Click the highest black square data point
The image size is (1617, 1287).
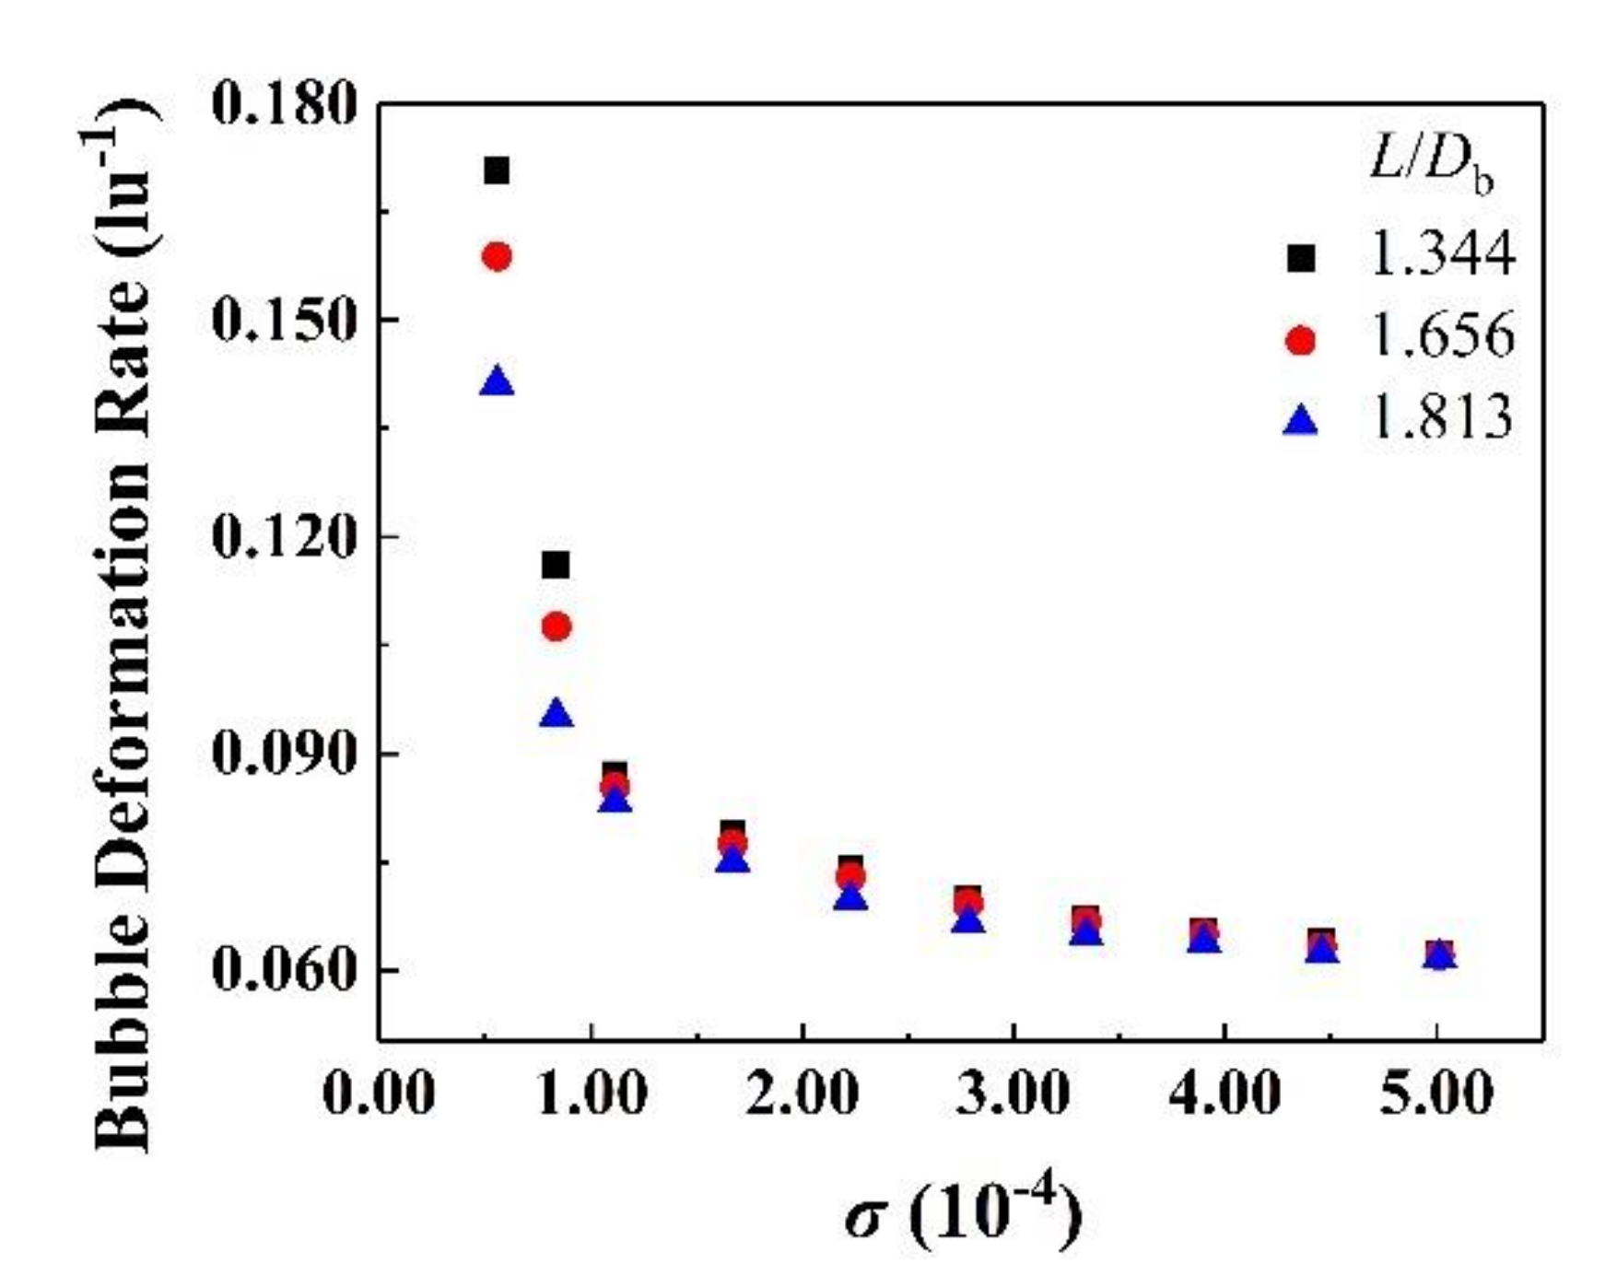click(x=497, y=170)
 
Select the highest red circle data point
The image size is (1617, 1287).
click(x=497, y=256)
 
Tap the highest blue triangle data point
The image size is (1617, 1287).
click(x=497, y=381)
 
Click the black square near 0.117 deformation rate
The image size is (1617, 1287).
click(x=556, y=565)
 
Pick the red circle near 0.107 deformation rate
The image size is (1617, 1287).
click(x=557, y=627)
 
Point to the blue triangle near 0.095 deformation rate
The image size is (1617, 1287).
click(x=557, y=714)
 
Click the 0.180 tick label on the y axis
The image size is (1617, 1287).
click(x=284, y=104)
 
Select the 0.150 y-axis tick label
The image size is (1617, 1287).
click(x=284, y=322)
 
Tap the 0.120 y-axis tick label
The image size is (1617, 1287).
click(x=284, y=537)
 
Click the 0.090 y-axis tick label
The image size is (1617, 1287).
click(x=284, y=754)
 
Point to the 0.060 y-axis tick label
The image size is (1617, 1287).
click(x=284, y=971)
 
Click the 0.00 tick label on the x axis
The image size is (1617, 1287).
click(x=379, y=1095)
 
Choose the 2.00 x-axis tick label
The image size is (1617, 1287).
click(x=802, y=1095)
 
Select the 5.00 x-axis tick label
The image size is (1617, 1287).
click(x=1435, y=1095)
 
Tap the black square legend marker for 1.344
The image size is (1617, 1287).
click(x=1301, y=258)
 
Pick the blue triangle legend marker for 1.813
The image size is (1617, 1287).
click(x=1301, y=422)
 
